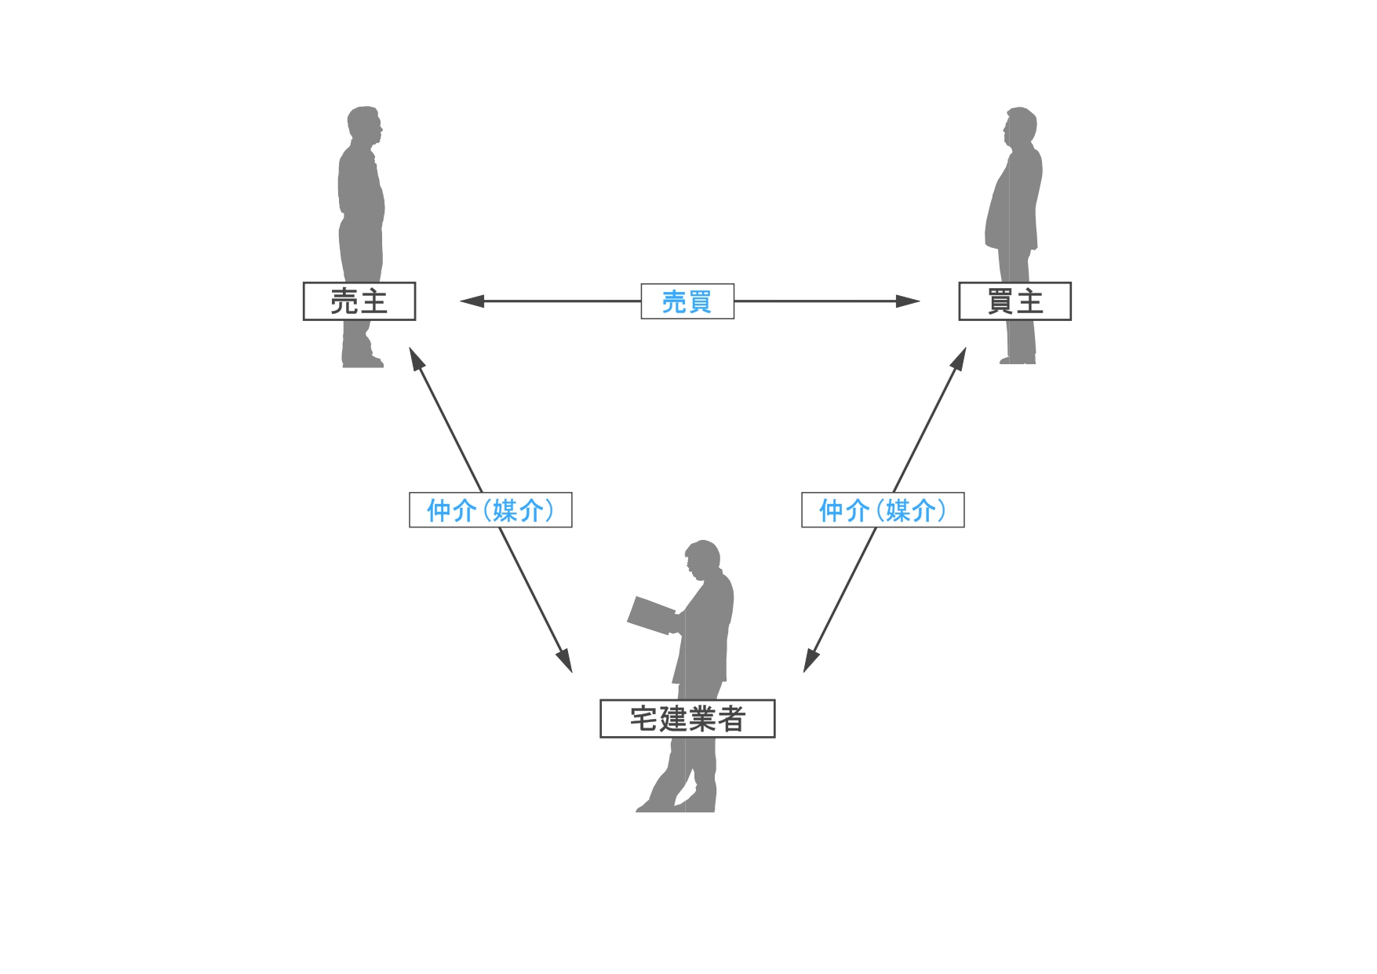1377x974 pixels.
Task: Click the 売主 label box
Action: pyautogui.click(x=359, y=301)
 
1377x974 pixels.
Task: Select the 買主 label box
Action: pyautogui.click(x=1015, y=301)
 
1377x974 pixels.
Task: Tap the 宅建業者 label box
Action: pyautogui.click(x=687, y=719)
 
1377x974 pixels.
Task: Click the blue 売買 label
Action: pyautogui.click(x=687, y=301)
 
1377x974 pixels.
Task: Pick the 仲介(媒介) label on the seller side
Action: pyautogui.click(x=490, y=510)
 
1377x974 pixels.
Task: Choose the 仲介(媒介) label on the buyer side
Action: pyautogui.click(x=883, y=510)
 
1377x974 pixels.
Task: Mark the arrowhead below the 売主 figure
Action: pyautogui.click(x=416, y=359)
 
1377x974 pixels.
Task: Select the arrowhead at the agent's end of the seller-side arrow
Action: pyautogui.click(x=566, y=661)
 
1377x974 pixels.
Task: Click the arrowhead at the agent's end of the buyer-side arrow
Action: pyautogui.click(x=810, y=661)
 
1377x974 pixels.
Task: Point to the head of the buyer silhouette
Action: pyautogui.click(x=1020, y=126)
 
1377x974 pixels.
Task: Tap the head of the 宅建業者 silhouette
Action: pyautogui.click(x=703, y=558)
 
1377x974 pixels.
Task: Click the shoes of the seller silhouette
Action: pyautogui.click(x=363, y=361)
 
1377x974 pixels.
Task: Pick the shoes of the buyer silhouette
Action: pyautogui.click(x=1018, y=359)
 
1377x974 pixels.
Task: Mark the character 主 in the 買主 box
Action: pyautogui.click(x=1029, y=301)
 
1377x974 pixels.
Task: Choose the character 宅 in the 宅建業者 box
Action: pyautogui.click(x=643, y=719)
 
